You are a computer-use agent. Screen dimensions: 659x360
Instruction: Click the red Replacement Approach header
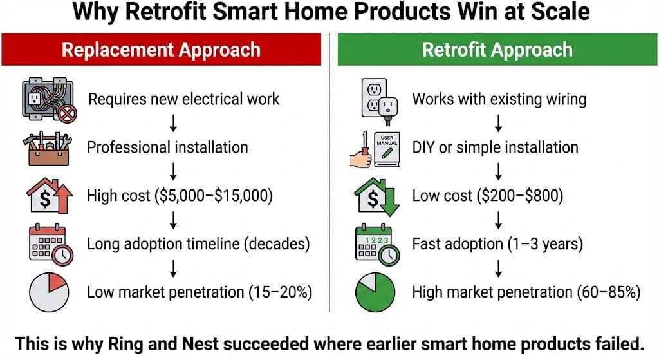click(x=162, y=50)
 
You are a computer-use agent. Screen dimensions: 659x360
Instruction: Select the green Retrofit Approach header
click(x=497, y=50)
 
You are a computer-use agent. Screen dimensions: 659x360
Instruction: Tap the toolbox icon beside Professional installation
click(x=47, y=148)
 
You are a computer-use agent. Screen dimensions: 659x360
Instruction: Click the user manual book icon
click(x=387, y=149)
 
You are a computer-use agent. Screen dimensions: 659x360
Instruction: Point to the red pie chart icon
click(x=49, y=292)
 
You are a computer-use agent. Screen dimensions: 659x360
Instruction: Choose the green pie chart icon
click(x=375, y=292)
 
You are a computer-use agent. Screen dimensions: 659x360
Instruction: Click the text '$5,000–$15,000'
click(x=214, y=196)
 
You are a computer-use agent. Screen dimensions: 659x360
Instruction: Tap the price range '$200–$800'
click(x=520, y=196)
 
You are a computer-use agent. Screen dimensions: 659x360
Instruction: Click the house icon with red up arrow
click(x=50, y=196)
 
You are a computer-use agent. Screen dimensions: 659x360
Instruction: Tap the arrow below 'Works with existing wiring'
click(x=499, y=123)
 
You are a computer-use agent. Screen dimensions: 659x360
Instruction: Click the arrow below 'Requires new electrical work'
click(x=172, y=123)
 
